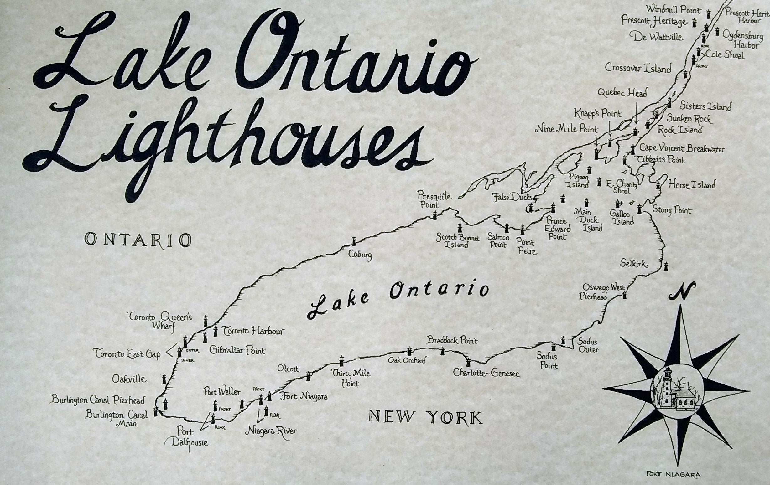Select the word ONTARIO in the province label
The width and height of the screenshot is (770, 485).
[138, 240]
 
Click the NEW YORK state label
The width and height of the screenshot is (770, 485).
[425, 417]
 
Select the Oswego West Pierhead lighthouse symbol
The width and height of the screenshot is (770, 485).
[624, 295]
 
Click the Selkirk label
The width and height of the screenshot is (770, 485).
[634, 264]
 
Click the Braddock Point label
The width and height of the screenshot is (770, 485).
[452, 340]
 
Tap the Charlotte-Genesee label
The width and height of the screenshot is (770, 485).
[486, 373]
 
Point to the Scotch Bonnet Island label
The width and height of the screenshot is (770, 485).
[458, 241]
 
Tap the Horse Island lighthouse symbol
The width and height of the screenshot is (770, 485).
[658, 185]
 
